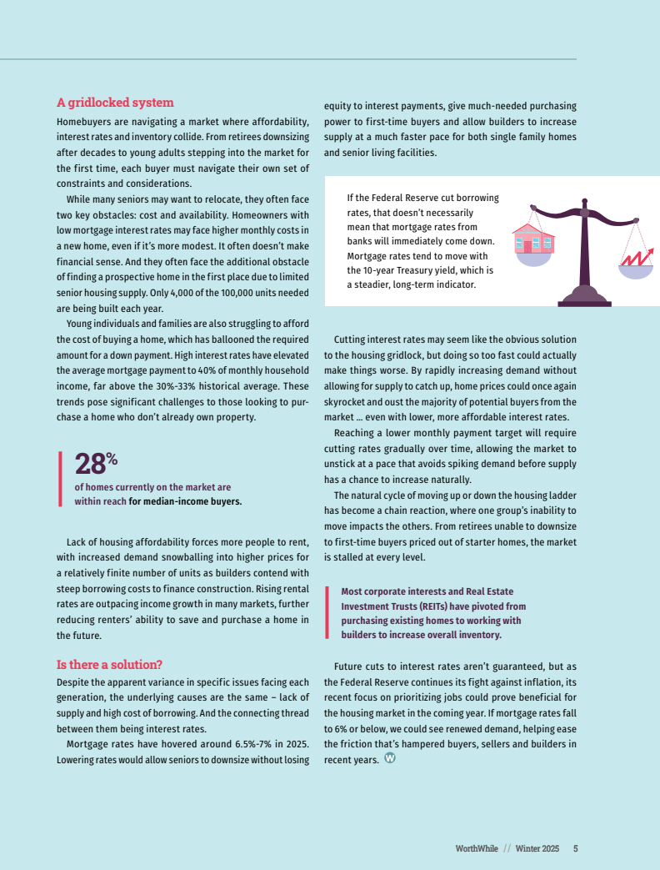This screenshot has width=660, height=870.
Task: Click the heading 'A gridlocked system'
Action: tap(115, 103)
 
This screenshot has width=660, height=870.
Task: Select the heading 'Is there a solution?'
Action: tap(109, 665)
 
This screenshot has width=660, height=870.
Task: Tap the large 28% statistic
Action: tap(95, 464)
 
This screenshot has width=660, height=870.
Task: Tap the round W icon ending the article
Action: tap(389, 758)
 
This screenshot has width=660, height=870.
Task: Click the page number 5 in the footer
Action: tap(575, 848)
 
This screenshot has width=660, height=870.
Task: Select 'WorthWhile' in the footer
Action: tap(477, 848)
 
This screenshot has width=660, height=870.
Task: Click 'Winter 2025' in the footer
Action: tap(537, 848)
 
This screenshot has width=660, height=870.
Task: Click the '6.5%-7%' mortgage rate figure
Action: tap(237, 744)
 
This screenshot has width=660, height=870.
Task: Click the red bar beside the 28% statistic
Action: tap(60, 478)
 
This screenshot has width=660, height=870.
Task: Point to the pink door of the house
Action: tap(528, 247)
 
